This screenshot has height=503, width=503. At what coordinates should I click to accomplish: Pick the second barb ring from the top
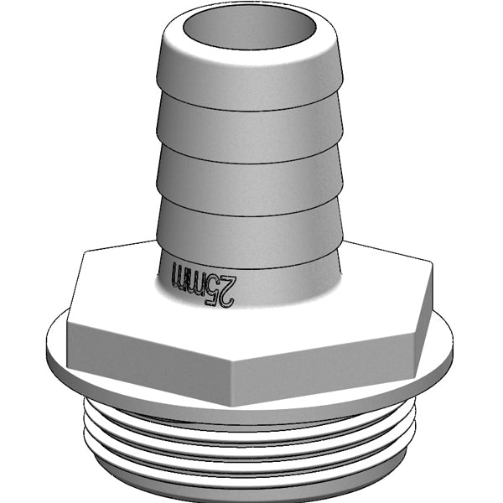click(251, 126)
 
